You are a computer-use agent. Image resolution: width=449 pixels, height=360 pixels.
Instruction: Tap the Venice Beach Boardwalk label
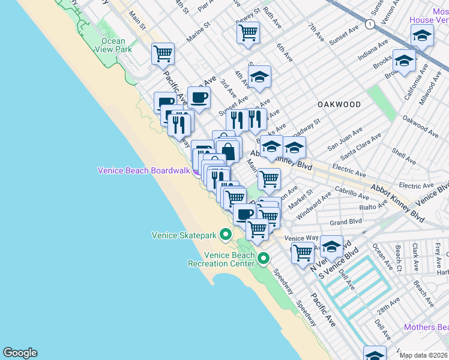pos(143,170)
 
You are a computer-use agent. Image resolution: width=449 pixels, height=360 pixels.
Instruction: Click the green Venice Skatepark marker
pos(226,234)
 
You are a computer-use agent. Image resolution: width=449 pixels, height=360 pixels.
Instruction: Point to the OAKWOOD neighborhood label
pos(339,104)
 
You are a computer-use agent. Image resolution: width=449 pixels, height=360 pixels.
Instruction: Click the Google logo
pos(20,353)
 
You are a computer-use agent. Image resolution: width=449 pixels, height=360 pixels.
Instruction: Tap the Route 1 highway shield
pos(370,24)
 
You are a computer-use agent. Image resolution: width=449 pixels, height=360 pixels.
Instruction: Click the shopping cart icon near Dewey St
pos(248,32)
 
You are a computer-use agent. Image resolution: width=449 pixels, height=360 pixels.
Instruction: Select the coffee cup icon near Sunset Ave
pos(199,97)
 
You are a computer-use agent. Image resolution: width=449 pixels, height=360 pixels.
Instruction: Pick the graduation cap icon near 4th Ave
pos(259,77)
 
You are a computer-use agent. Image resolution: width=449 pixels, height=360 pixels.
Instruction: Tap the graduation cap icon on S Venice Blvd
pos(331,245)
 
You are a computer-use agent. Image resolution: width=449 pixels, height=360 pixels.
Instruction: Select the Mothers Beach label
pos(426,327)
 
